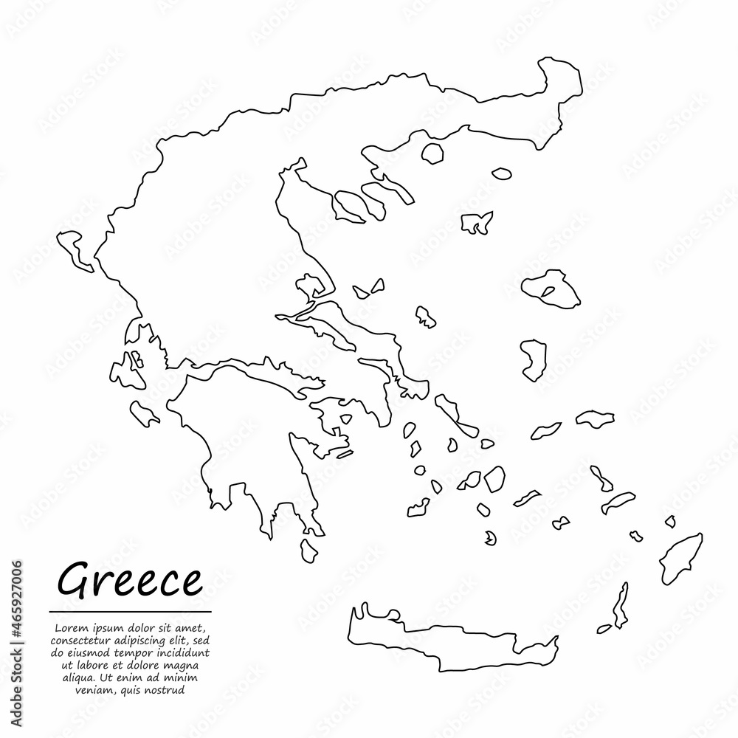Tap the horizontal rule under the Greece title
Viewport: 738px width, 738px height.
[x=130, y=612]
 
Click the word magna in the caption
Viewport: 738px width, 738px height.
[x=190, y=666]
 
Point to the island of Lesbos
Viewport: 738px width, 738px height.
[x=550, y=287]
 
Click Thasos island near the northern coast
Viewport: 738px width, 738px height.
[x=432, y=154]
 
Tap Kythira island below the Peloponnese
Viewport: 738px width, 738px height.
[x=309, y=551]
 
